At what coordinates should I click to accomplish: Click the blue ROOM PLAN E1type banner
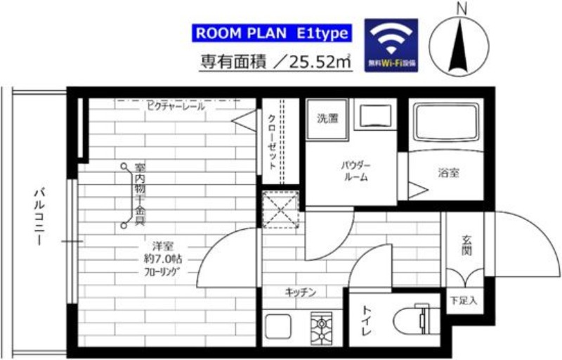click(271, 33)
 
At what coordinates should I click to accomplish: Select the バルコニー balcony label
click(39, 215)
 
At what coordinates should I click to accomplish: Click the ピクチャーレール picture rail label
click(175, 107)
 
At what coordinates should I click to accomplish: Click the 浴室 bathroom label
click(449, 172)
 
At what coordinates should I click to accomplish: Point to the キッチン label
click(300, 292)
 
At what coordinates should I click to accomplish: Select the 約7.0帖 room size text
click(162, 258)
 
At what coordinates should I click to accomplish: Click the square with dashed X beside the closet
click(280, 210)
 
